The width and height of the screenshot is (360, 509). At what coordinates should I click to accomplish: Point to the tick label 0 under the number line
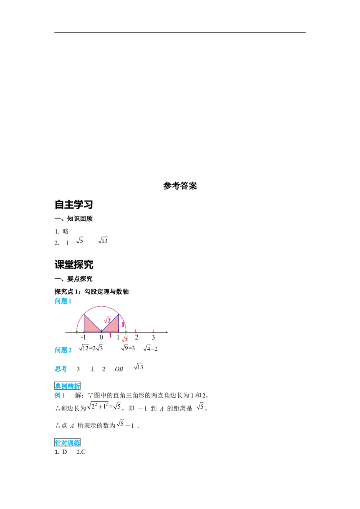coord(101,337)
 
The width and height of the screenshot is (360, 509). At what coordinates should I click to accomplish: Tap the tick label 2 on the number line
coord(136,337)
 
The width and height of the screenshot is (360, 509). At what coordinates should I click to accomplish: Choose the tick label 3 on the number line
coord(153,337)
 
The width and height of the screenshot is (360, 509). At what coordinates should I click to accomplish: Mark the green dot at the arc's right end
coord(126,332)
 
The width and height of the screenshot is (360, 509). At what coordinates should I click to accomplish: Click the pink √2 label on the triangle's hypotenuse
coord(108,320)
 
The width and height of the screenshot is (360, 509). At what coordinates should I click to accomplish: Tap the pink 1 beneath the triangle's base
coord(110,335)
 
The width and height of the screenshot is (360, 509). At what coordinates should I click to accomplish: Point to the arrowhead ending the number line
coord(167,332)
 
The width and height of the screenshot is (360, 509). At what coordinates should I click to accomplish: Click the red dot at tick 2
coord(136,332)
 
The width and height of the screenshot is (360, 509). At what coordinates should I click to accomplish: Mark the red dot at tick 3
coord(153,332)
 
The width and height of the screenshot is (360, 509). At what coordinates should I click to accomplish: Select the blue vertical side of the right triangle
coord(119,323)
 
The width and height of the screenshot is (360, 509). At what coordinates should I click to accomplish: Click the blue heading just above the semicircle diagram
coord(63,302)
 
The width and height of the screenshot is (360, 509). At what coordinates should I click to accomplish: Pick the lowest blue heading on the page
coord(67,442)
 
